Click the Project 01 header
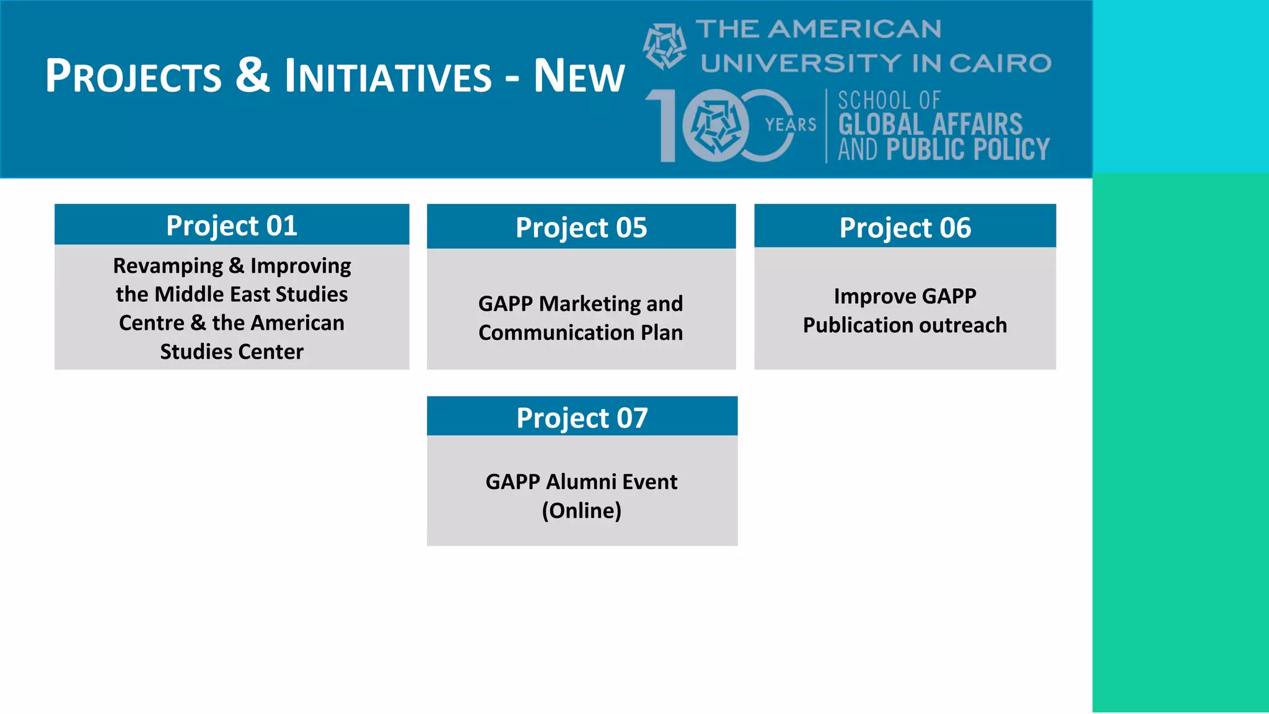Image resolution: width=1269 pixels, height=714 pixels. coord(232,226)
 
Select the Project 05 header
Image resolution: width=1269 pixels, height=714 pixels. coord(581,227)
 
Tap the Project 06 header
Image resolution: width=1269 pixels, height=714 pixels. coord(905,227)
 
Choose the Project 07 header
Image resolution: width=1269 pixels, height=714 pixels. coord(582,418)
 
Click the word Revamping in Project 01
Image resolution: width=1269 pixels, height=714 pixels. coord(168,266)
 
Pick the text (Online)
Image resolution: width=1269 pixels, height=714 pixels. coord(581,511)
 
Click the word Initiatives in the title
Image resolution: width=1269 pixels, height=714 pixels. coord(388,76)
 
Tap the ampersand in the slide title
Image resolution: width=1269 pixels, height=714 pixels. coord(253,75)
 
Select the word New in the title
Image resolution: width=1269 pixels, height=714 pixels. coord(579,76)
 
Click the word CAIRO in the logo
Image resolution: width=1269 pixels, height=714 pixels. coord(1000,63)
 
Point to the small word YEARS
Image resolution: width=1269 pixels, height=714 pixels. coord(790,125)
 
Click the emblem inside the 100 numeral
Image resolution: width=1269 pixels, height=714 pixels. coord(716,126)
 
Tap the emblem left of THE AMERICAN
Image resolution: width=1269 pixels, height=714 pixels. coord(664,46)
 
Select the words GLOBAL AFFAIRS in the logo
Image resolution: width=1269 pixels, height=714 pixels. coord(930,125)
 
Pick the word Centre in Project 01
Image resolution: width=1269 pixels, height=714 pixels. coord(152,323)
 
